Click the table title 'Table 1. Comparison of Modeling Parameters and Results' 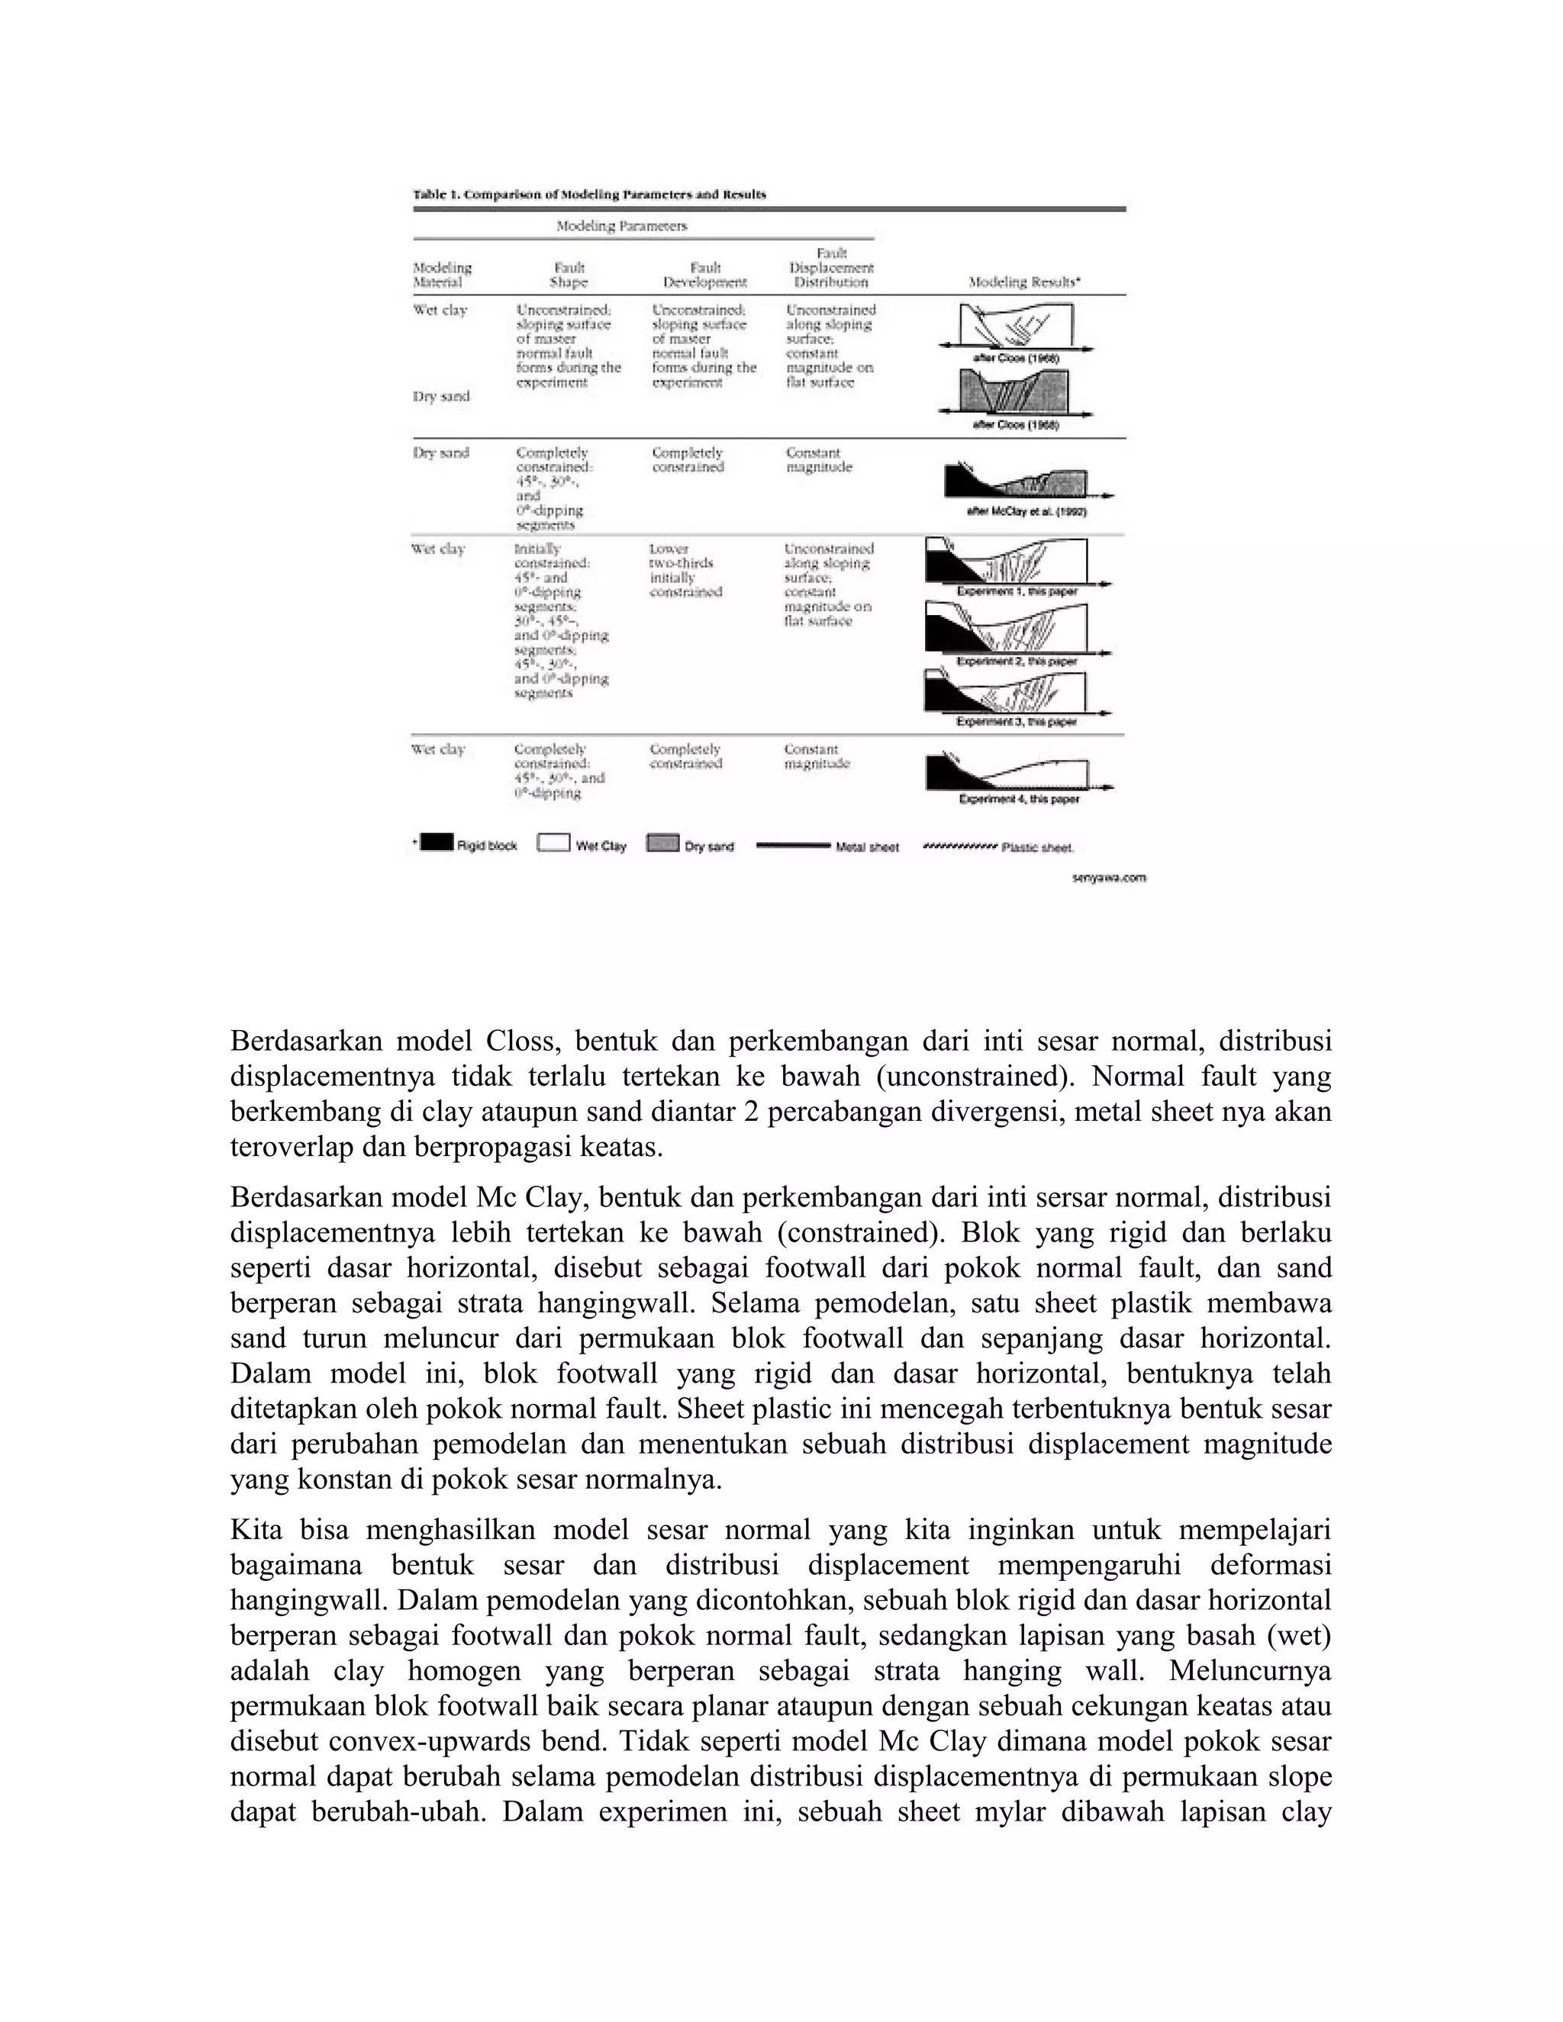589,195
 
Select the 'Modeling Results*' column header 1025,282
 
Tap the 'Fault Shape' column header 569,275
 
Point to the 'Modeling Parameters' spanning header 621,226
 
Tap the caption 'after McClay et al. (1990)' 1026,511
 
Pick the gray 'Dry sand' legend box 662,843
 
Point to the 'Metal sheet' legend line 794,845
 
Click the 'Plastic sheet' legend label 1038,847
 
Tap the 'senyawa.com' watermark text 1108,877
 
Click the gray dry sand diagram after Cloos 1014,391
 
